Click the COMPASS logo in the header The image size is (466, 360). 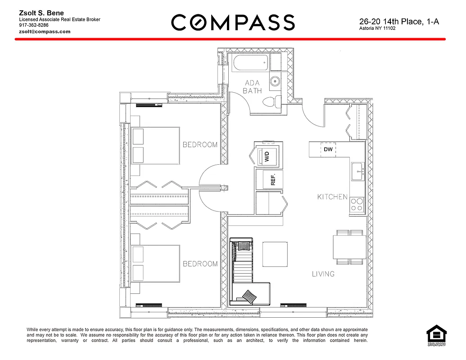233,22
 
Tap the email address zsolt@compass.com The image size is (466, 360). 45,31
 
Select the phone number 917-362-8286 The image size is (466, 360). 34,26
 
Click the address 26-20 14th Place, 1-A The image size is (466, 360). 399,21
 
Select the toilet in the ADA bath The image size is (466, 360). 271,102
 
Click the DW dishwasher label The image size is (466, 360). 328,150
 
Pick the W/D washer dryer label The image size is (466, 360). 267,157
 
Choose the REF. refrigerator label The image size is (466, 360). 272,180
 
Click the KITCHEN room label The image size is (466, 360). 332,197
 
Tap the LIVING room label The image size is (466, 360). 323,274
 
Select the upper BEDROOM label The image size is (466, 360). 200,145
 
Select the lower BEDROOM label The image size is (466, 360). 200,264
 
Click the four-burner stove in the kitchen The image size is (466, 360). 357,205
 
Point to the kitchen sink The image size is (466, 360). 358,171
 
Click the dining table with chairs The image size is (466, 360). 349,247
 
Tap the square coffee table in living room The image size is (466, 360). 275,254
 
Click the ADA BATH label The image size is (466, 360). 253,86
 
